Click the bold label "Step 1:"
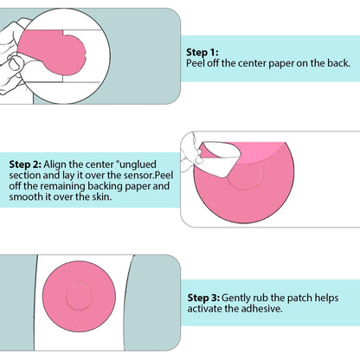click(202, 52)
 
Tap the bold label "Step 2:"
click(25, 164)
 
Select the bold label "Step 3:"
click(203, 298)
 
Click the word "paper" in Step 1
click(280, 64)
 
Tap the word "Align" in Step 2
click(55, 164)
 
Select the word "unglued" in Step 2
click(138, 164)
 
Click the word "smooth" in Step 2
click(23, 196)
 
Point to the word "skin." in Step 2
click(102, 196)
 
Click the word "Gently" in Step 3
click(235, 298)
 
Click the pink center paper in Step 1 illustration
click(52, 51)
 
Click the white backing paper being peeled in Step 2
click(221, 158)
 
